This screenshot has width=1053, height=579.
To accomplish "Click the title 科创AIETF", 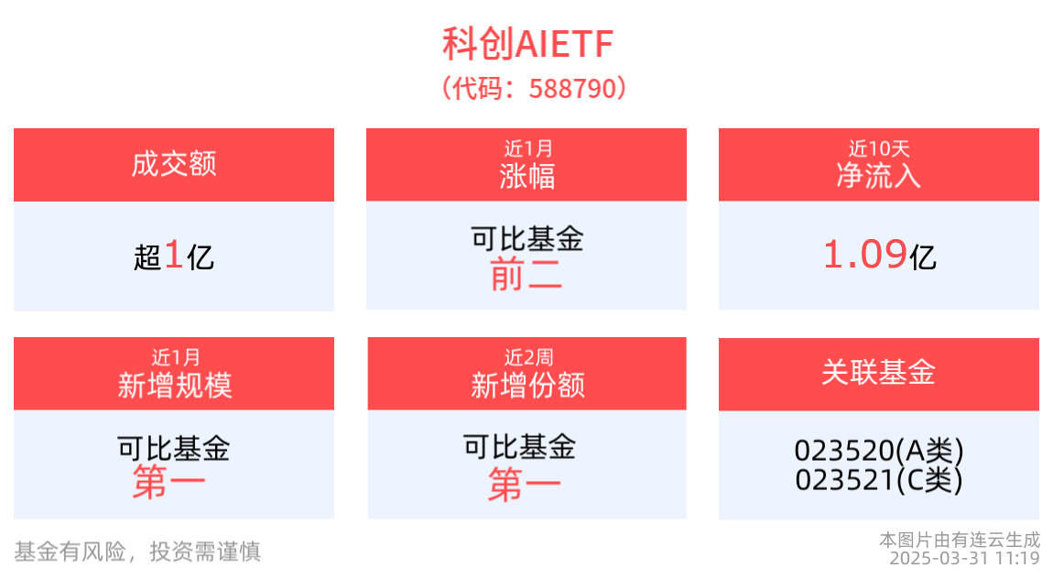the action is click(527, 44).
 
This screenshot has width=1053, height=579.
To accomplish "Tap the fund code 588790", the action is click(573, 89).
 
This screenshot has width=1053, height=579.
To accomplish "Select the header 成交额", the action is click(174, 165).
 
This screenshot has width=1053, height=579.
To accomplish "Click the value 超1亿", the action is click(174, 256).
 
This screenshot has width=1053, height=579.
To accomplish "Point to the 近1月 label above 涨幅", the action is click(527, 148).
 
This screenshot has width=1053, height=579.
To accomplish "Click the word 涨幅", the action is click(527, 177).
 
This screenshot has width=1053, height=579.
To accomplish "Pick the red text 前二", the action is click(526, 274).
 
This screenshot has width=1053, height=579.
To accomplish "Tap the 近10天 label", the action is click(878, 148).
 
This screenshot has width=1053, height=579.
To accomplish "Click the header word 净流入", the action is click(878, 176).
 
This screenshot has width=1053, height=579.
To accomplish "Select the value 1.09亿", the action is click(879, 256).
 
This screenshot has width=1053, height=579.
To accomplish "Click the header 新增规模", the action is click(175, 386).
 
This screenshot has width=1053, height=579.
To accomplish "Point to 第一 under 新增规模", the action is click(168, 482).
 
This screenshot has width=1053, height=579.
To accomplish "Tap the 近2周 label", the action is click(528, 357).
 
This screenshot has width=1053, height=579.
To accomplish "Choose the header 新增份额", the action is click(527, 386).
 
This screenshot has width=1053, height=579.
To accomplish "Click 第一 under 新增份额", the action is click(524, 485).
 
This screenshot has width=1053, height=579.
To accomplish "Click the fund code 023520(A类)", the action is click(879, 451).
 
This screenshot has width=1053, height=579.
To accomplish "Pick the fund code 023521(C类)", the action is click(879, 480).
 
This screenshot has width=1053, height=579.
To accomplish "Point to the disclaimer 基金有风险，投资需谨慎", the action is click(137, 552).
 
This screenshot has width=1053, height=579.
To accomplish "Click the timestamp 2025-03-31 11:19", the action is click(964, 559).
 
